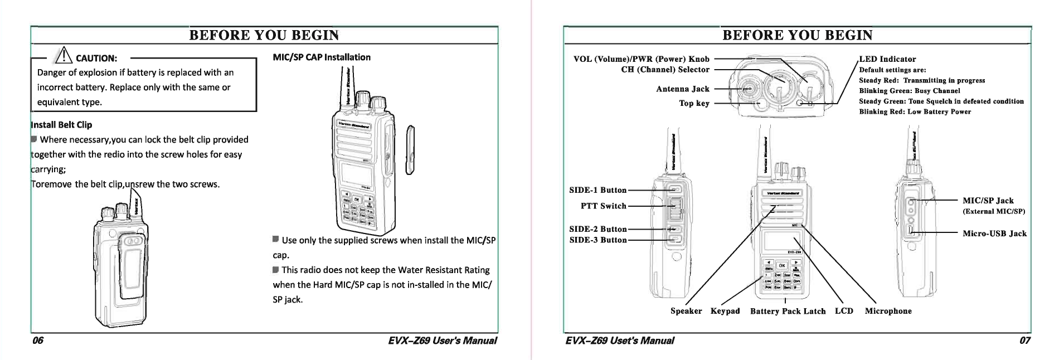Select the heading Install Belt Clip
[x=61, y=125]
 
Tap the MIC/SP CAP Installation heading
[x=322, y=57]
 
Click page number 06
[x=38, y=340]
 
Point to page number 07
[x=1024, y=340]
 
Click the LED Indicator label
[x=887, y=59]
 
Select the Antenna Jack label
[x=683, y=89]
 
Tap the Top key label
[x=694, y=103]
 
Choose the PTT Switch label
[x=603, y=206]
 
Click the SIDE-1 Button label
[x=597, y=191]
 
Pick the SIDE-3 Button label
[x=597, y=240]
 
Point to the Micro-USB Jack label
[x=994, y=233]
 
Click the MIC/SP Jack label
[x=988, y=201]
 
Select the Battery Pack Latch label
[x=788, y=312]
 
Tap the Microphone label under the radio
[x=888, y=311]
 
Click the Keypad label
[x=725, y=311]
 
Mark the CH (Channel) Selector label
[x=665, y=70]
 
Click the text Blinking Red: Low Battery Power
[x=915, y=112]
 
